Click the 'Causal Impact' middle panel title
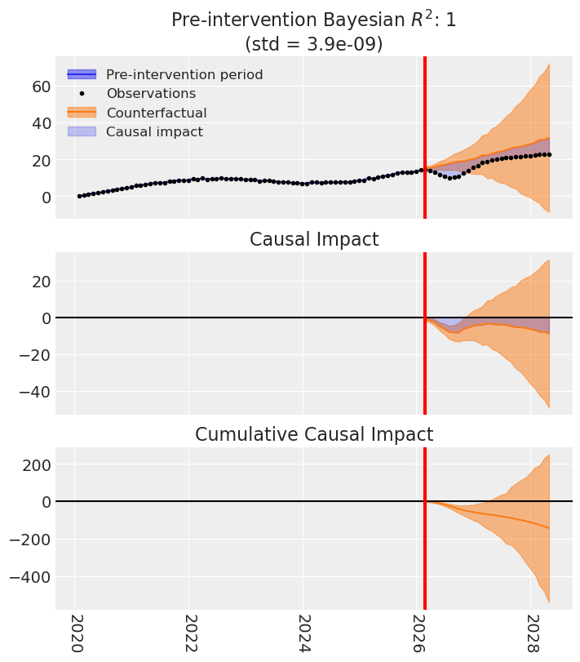(x=314, y=239)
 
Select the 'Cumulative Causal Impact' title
(x=314, y=434)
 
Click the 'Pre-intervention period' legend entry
(x=184, y=74)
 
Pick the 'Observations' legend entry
(x=151, y=93)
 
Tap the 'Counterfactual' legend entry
(x=156, y=113)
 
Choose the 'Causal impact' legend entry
(x=154, y=131)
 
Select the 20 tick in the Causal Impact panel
(x=40, y=281)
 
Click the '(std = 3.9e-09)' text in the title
(x=314, y=43)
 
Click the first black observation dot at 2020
(x=79, y=196)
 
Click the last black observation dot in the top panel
(x=549, y=154)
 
